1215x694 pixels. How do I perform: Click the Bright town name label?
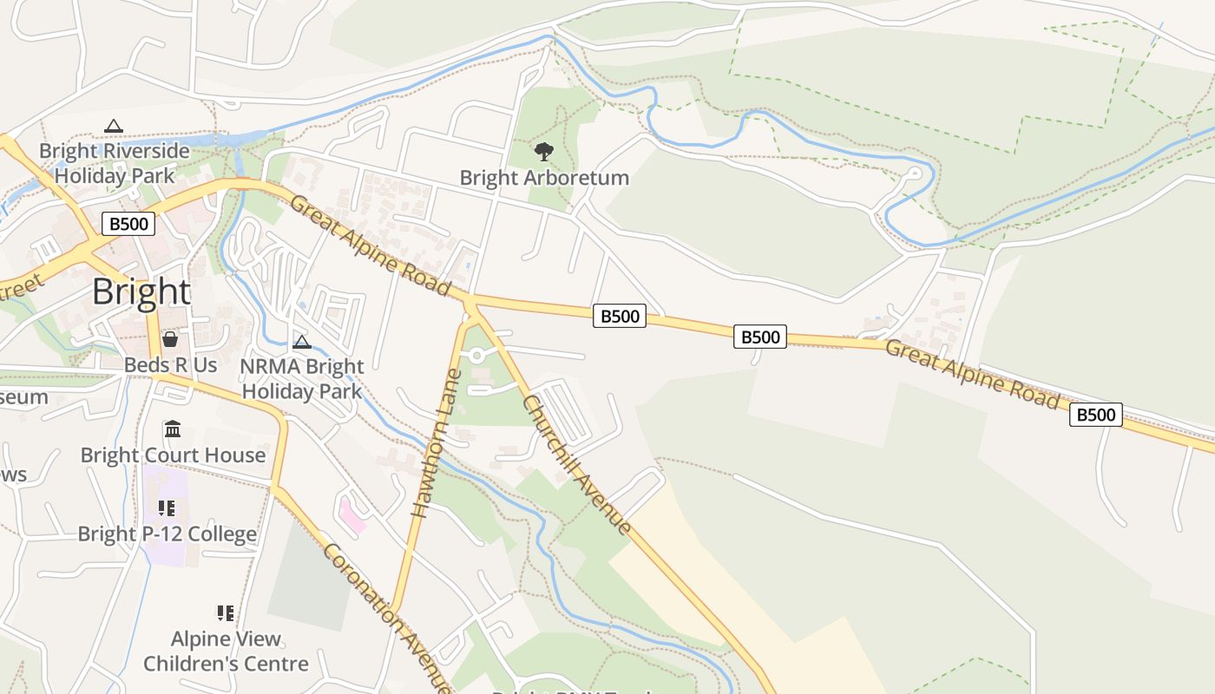[x=141, y=291]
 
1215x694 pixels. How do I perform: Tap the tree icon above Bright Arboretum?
[x=544, y=152]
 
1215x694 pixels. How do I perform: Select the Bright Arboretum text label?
[x=544, y=178]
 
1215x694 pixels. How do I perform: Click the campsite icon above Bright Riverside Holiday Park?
[x=113, y=127]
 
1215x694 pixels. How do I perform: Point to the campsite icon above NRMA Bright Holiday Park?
[x=301, y=342]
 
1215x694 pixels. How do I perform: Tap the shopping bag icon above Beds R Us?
[x=170, y=339]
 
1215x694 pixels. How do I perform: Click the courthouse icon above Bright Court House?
[x=173, y=429]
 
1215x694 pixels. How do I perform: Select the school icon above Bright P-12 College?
[x=167, y=508]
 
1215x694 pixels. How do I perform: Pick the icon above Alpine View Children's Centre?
[x=226, y=613]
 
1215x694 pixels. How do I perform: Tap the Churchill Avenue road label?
[x=576, y=464]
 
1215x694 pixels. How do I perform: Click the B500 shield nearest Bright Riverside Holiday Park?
[x=128, y=224]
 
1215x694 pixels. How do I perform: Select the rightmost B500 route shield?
[x=1095, y=415]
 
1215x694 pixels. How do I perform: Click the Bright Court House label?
[x=173, y=455]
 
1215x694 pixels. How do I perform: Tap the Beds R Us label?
[x=170, y=365]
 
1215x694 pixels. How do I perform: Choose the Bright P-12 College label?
[x=167, y=534]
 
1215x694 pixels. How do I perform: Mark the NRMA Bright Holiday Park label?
[x=301, y=379]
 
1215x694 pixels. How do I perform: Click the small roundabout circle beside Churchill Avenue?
[x=476, y=356]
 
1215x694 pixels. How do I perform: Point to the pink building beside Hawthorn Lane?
[x=351, y=515]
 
